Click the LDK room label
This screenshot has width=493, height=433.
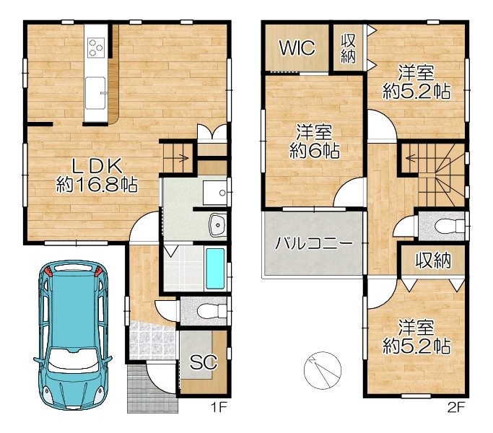(97, 166)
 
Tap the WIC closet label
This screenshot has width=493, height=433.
(297, 48)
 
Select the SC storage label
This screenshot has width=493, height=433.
(204, 362)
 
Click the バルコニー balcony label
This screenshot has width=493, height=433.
(313, 243)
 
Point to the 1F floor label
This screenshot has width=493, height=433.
(219, 408)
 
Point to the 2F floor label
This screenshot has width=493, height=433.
(456, 408)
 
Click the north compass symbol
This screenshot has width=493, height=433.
(323, 369)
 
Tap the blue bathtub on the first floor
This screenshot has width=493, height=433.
(215, 268)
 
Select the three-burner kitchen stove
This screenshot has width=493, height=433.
(96, 48)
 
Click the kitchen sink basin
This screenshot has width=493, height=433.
(95, 93)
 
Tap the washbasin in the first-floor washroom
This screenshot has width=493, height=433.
(217, 224)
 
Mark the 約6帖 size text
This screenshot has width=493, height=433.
(315, 151)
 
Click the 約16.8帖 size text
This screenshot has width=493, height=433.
(97, 184)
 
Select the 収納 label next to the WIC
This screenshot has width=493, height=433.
(349, 48)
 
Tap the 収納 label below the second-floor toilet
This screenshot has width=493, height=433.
(433, 261)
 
